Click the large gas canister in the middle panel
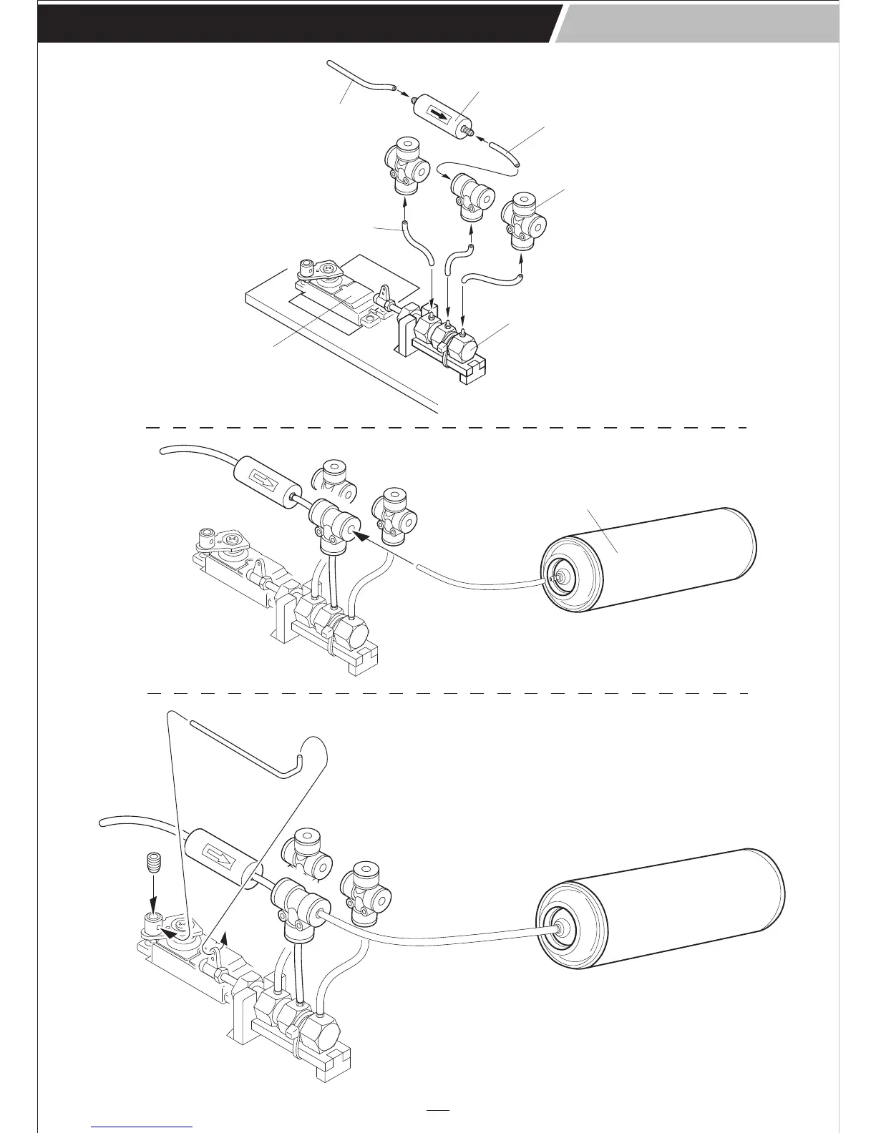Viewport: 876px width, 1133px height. tap(651, 565)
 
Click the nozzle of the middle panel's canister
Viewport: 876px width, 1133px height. tap(553, 574)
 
